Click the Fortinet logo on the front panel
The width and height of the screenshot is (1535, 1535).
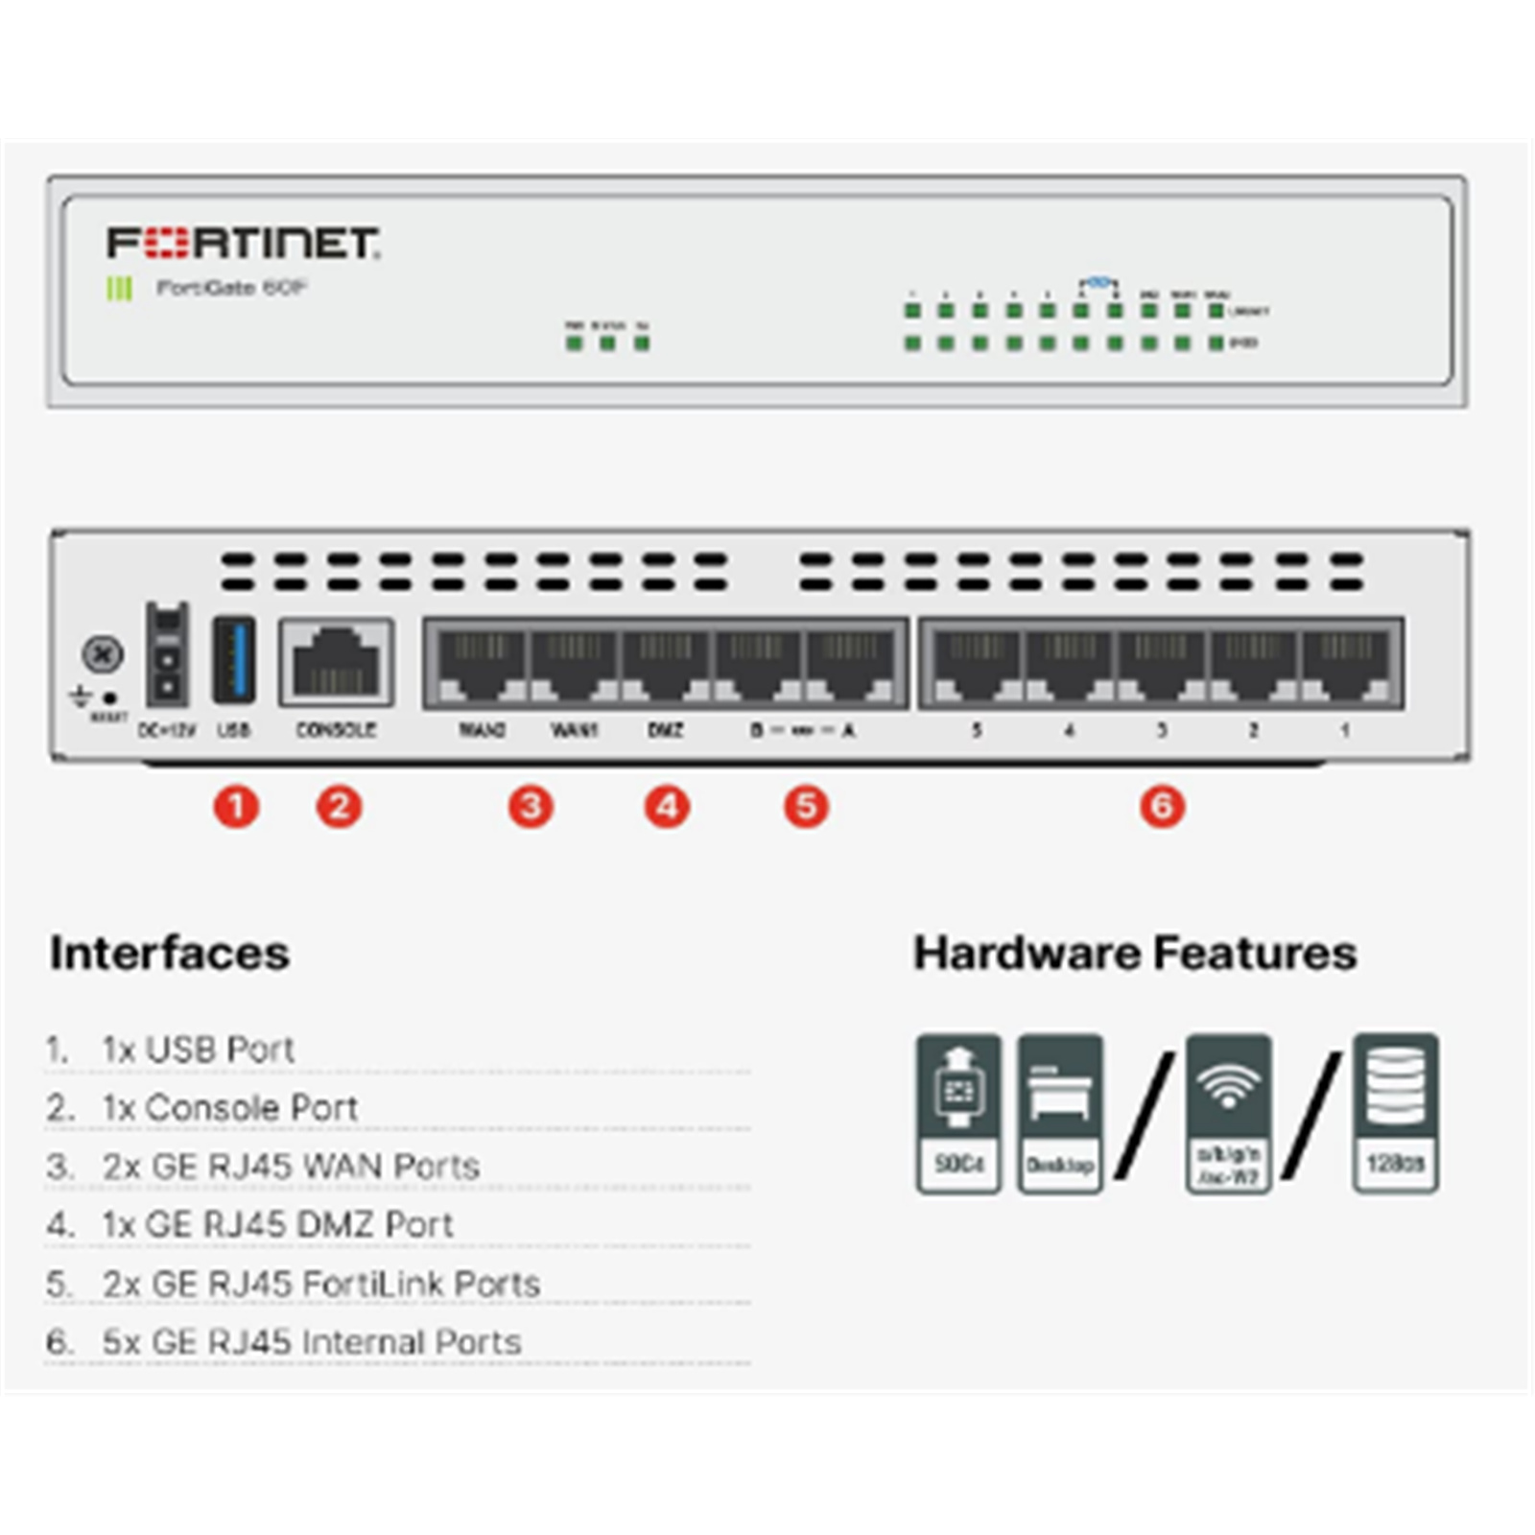243,243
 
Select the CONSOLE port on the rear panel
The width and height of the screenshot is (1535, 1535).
336,662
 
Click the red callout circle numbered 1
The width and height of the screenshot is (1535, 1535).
236,806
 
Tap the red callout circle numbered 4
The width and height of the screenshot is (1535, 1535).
667,806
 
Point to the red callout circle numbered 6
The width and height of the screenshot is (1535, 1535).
1162,806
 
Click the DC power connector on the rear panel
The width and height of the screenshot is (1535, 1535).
167,654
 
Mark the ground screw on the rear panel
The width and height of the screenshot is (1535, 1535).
103,654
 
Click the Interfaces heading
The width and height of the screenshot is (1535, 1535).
170,953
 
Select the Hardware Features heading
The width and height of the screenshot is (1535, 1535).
1135,953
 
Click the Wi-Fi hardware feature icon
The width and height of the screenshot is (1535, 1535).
1228,1113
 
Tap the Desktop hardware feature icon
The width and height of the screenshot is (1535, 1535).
1059,1113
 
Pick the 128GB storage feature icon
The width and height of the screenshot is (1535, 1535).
1395,1113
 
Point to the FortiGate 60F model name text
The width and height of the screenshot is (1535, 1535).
231,287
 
